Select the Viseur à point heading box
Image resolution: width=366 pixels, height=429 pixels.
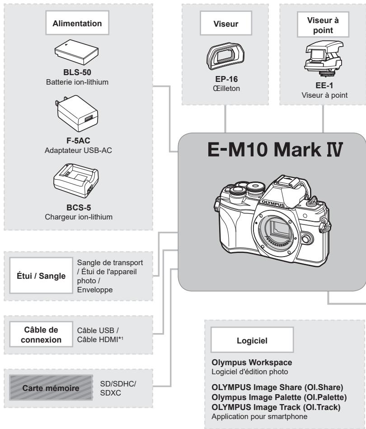[x=323, y=24]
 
